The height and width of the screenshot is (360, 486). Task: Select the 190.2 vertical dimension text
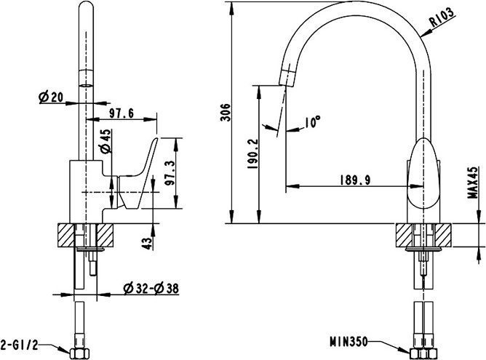tap(252, 154)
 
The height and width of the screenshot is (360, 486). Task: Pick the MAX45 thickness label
tap(472, 183)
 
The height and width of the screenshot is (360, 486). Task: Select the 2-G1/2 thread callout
tap(17, 341)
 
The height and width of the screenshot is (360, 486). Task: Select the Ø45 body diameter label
tap(105, 140)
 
